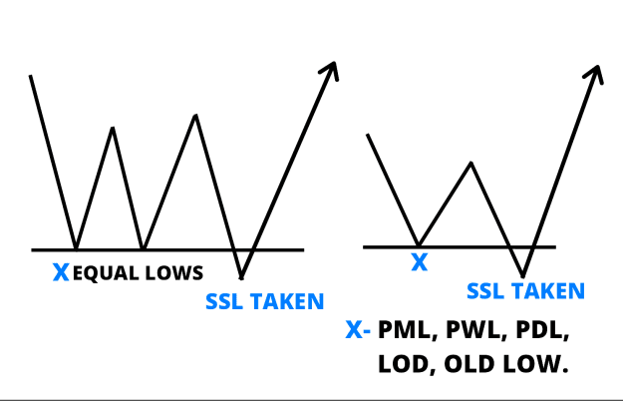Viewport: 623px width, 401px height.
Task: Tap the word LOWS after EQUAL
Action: [174, 273]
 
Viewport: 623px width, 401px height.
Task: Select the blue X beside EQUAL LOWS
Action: [61, 272]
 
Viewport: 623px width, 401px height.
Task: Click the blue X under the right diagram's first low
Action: [420, 262]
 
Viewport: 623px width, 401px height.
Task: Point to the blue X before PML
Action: [354, 329]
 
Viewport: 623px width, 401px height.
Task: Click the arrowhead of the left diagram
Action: [331, 71]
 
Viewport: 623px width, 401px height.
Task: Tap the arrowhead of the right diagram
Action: [594, 75]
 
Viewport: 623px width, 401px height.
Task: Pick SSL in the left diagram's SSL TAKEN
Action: [224, 301]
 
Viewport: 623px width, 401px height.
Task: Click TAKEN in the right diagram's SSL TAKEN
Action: [548, 291]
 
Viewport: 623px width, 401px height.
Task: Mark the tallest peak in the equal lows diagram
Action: [195, 116]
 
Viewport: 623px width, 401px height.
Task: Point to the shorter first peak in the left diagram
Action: [113, 128]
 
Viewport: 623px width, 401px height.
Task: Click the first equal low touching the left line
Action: [76, 249]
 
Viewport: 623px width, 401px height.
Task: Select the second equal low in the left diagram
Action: [144, 249]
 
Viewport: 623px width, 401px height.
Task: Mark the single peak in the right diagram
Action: [470, 163]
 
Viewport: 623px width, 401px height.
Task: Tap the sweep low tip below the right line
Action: [523, 276]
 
